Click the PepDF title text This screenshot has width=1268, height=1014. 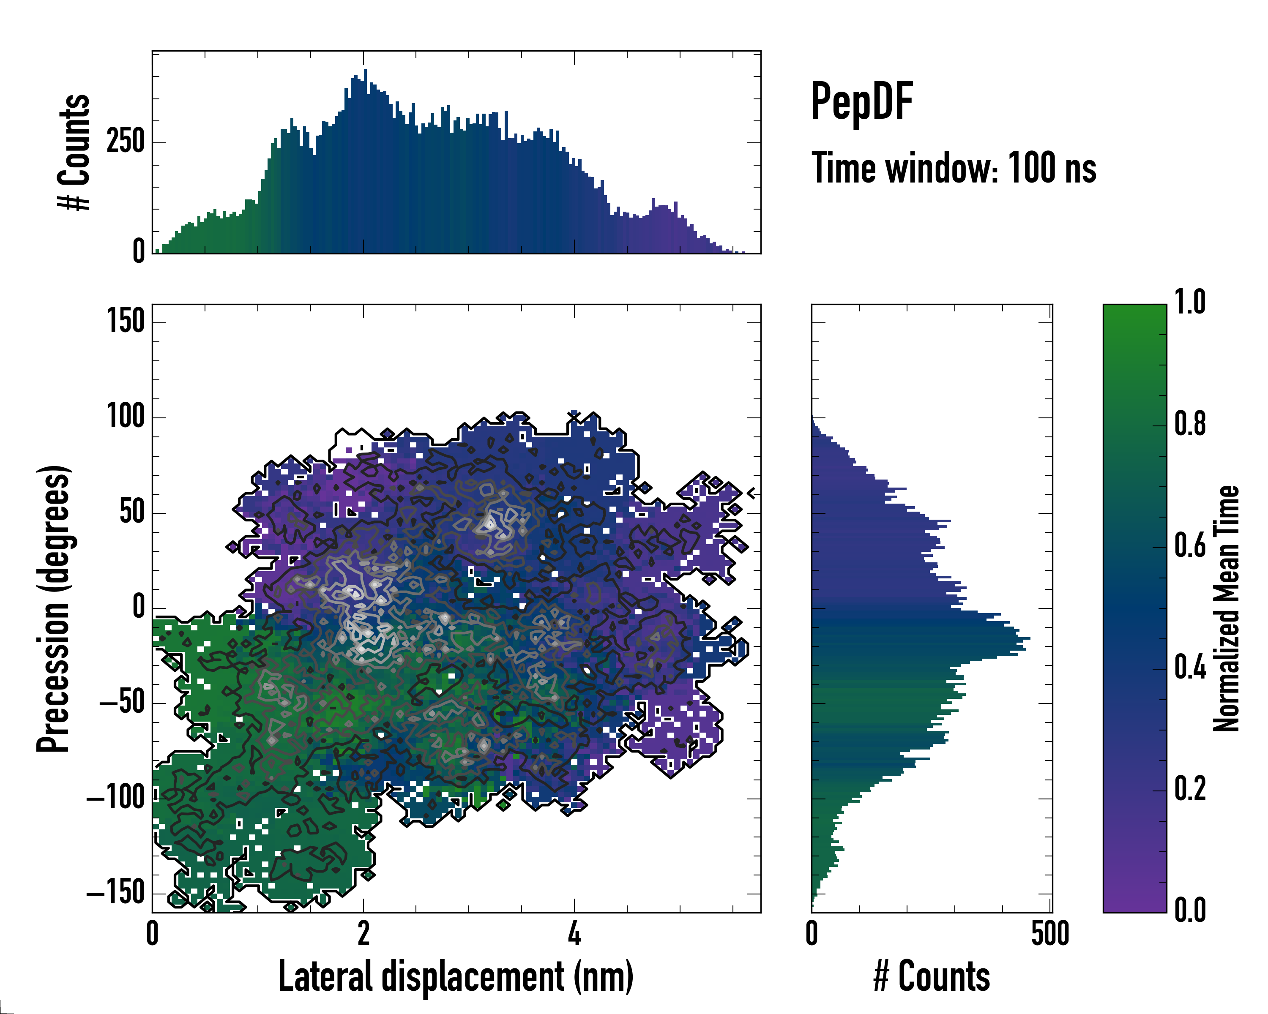[x=861, y=102]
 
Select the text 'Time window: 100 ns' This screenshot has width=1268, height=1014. [x=954, y=168]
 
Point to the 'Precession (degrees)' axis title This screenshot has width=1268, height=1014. [x=54, y=608]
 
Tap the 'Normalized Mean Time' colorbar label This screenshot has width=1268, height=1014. [x=1226, y=608]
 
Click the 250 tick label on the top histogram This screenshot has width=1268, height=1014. [x=125, y=142]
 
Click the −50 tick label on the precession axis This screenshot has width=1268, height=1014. [x=122, y=703]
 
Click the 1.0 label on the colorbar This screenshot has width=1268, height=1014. [x=1190, y=303]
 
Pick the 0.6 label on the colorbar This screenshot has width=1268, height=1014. [x=1190, y=546]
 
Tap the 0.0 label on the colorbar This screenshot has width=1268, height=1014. [x=1190, y=910]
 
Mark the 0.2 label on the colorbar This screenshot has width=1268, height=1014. [x=1190, y=790]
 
